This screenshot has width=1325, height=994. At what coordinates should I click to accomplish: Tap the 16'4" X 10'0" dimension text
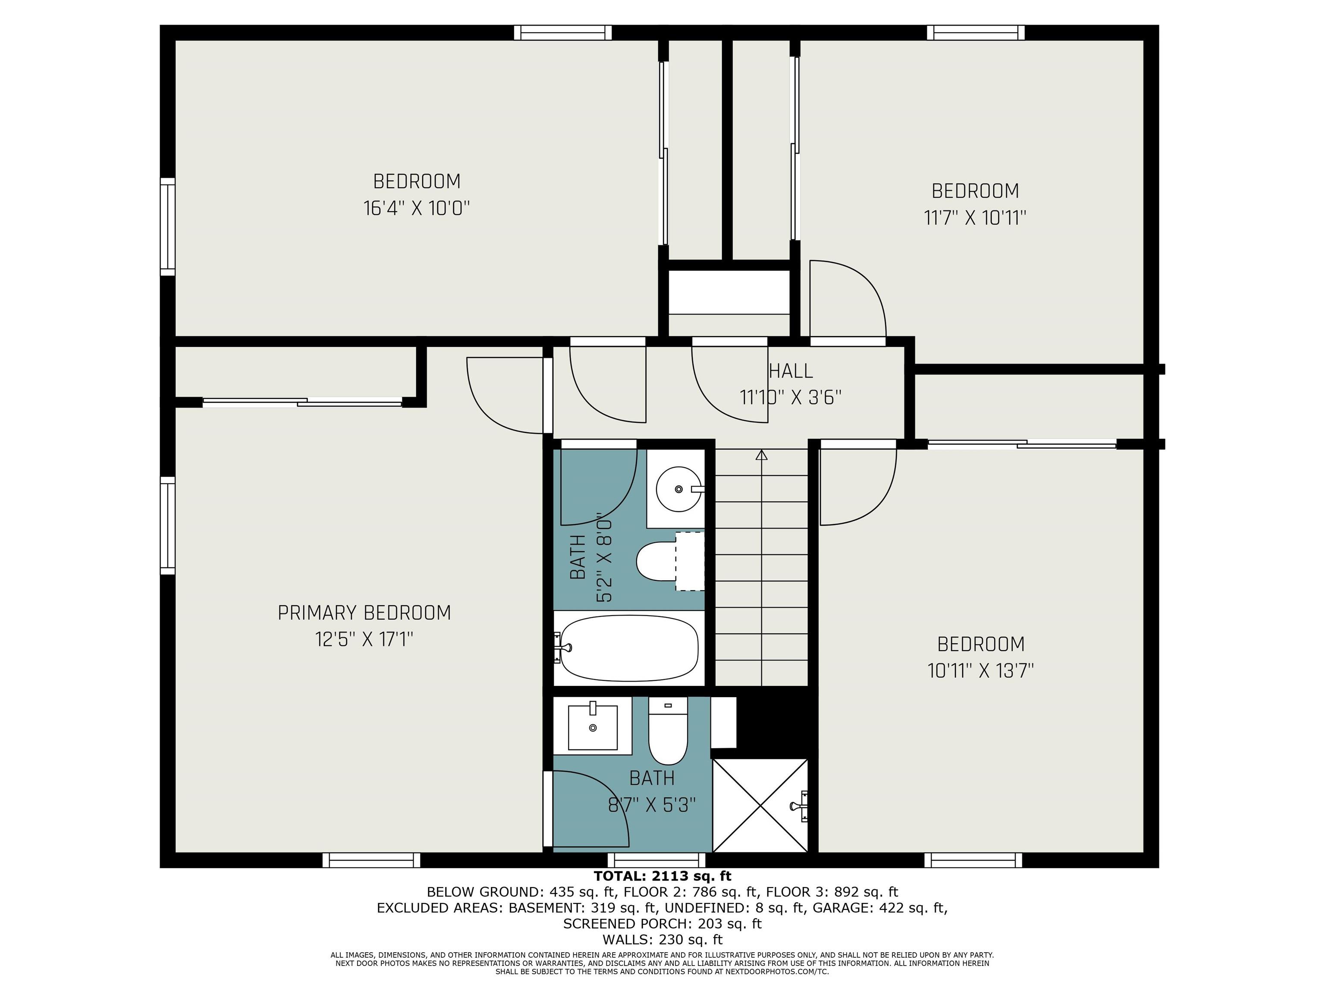[416, 208]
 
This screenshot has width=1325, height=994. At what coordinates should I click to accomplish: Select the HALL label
[791, 371]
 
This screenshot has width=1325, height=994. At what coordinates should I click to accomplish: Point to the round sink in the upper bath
[678, 489]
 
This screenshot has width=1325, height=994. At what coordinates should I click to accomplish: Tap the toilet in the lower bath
[668, 730]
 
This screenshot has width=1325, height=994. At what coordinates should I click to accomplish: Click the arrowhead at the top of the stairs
[761, 455]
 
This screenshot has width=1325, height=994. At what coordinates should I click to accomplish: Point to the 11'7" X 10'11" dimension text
[975, 217]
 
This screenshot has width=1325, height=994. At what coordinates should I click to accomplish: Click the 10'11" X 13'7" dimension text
[980, 670]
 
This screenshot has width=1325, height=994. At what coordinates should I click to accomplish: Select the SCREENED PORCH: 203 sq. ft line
[662, 923]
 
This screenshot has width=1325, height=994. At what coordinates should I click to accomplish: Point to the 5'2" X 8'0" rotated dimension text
[604, 560]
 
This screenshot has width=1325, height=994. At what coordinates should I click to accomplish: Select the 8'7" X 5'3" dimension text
[652, 804]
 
